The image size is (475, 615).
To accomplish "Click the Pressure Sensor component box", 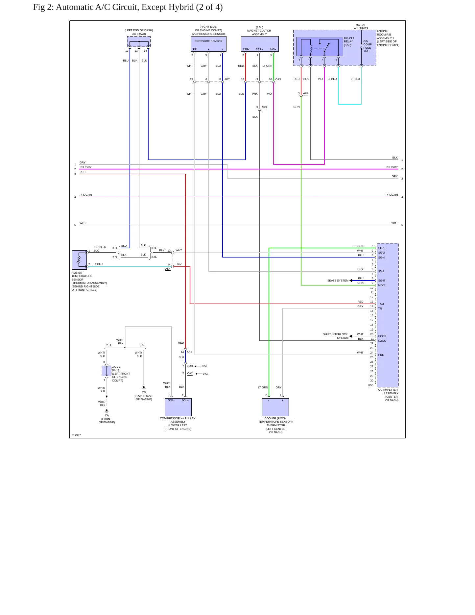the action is pyautogui.click(x=208, y=44).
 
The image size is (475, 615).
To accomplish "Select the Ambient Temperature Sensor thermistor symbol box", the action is pyautogui.click(x=79, y=260).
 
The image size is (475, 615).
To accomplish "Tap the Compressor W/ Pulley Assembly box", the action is pyautogui.click(x=178, y=407).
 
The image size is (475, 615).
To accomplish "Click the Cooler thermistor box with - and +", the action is pyautogui.click(x=275, y=407).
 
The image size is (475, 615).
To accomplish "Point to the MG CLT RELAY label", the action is pyautogui.click(x=349, y=42).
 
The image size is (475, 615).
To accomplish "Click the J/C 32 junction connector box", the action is pyautogui.click(x=107, y=371).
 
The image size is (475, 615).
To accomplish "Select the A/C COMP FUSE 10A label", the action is pyautogui.click(x=368, y=46).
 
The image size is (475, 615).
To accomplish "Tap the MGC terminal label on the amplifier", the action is pyautogui.click(x=381, y=285).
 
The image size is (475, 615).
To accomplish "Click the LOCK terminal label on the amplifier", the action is pyautogui.click(x=382, y=341).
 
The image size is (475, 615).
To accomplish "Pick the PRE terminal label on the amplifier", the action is pyautogui.click(x=381, y=355).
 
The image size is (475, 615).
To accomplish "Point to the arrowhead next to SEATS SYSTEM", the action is pyautogui.click(x=351, y=281).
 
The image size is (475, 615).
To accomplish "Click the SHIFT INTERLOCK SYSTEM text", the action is pyautogui.click(x=335, y=336).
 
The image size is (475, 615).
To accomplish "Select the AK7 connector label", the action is pyautogui.click(x=227, y=79).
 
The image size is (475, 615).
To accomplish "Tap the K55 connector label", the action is pyautogui.click(x=371, y=385).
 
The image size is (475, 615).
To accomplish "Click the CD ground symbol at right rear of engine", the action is pyautogui.click(x=144, y=388).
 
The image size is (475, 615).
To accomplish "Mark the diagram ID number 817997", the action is pyautogui.click(x=76, y=435).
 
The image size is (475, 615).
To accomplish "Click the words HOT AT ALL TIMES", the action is pyautogui.click(x=361, y=27).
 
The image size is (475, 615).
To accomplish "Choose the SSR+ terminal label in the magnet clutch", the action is pyautogui.click(x=259, y=49).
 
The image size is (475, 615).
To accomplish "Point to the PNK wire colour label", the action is pyautogui.click(x=255, y=94).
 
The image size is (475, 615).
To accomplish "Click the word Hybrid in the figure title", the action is pyautogui.click(x=180, y=7).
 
